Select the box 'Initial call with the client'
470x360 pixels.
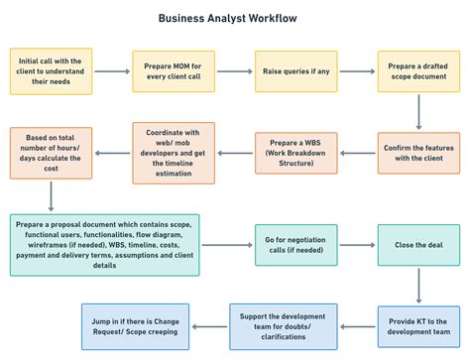click(x=52, y=71)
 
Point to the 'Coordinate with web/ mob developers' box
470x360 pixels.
click(x=174, y=154)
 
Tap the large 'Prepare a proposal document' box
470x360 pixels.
click(x=105, y=244)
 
